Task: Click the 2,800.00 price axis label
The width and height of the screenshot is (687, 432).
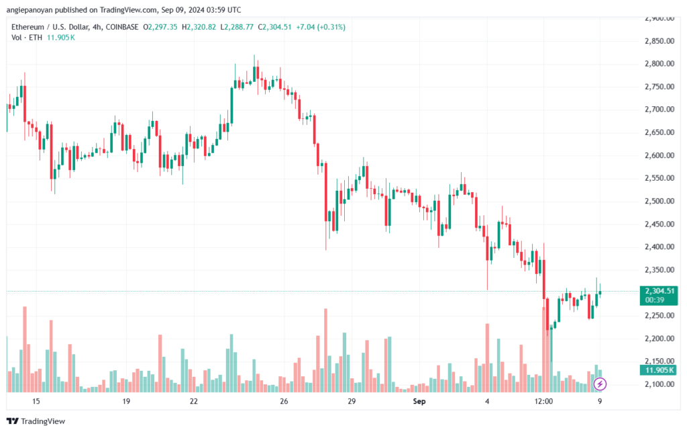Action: click(659, 64)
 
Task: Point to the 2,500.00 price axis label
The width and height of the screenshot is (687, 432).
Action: click(659, 201)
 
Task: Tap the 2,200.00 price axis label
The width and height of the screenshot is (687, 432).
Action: click(659, 338)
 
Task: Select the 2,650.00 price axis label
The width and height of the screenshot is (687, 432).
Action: click(659, 132)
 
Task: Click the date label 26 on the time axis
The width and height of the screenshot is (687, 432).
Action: click(284, 401)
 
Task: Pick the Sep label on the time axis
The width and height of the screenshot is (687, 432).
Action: click(419, 401)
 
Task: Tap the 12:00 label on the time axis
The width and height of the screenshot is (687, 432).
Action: click(543, 401)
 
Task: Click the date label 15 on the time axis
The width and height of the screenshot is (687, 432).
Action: click(36, 401)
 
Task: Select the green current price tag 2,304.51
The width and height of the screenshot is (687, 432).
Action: click(659, 291)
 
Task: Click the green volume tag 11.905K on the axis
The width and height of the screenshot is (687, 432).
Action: click(659, 370)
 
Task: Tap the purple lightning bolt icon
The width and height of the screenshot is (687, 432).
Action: click(600, 384)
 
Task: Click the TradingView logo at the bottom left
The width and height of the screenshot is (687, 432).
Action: click(36, 421)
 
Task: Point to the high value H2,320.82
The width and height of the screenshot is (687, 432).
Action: click(199, 27)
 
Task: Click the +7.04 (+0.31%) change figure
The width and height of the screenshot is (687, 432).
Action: click(321, 27)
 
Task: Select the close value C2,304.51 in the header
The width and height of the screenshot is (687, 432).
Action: click(274, 27)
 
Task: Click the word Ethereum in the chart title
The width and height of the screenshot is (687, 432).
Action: click(28, 27)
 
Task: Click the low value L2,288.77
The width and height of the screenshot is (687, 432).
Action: click(237, 27)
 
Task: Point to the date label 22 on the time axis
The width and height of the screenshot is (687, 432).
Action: click(194, 401)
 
